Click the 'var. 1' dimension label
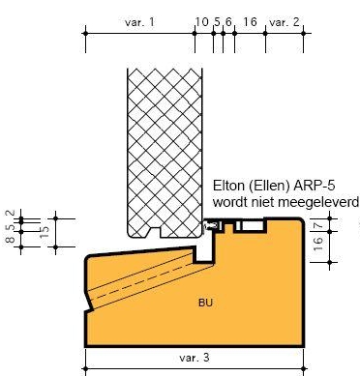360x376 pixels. point(139,22)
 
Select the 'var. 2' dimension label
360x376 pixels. point(285,22)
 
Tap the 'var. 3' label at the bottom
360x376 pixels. point(194,358)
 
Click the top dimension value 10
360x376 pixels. point(202,22)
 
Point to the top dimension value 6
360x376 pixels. point(228,22)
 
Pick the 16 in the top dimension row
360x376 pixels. point(250,22)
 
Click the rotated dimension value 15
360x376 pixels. point(45,231)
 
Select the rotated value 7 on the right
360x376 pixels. point(318,225)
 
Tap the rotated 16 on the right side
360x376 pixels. point(317,244)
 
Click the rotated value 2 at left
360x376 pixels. point(11,213)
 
